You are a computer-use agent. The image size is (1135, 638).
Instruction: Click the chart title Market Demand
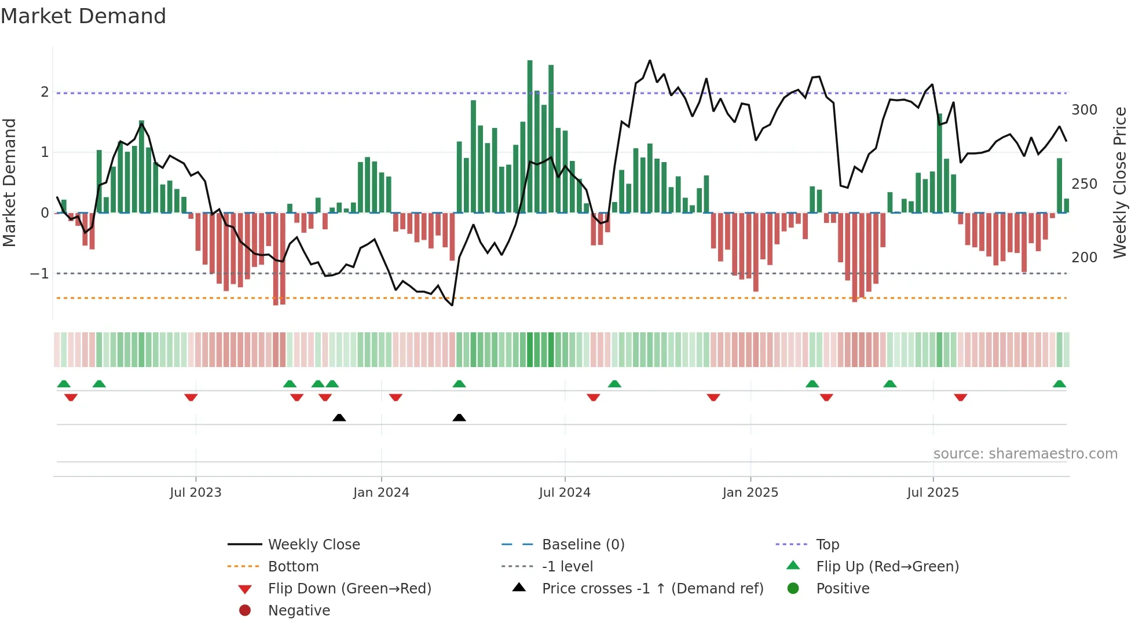tap(83, 16)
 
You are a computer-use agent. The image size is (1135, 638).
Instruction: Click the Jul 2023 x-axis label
tap(195, 493)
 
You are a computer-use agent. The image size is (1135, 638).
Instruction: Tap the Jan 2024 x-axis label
tap(381, 493)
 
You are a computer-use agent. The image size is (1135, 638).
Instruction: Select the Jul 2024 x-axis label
tap(565, 493)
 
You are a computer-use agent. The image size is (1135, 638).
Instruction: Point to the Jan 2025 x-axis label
tap(750, 493)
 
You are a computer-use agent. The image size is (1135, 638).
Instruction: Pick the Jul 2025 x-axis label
tap(933, 493)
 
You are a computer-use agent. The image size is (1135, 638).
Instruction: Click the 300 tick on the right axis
tap(1084, 110)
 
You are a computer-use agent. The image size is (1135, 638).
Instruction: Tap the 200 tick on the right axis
tap(1084, 257)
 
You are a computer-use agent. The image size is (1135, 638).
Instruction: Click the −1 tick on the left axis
tap(39, 273)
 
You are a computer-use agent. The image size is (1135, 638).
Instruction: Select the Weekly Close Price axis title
tap(1120, 182)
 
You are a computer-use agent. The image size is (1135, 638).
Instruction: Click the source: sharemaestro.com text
tap(1025, 454)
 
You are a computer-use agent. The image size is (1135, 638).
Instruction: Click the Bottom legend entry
tap(293, 567)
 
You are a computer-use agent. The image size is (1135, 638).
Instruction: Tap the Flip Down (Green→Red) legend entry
tap(349, 589)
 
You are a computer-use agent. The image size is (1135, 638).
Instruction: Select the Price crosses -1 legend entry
tap(653, 589)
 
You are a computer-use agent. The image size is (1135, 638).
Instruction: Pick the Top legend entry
tap(828, 545)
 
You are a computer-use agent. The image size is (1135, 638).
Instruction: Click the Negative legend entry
tap(299, 611)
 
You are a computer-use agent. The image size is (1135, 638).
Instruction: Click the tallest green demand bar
tap(530, 137)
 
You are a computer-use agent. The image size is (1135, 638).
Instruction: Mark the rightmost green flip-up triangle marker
tap(1059, 384)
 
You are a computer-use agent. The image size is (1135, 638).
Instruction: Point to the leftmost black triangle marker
tap(339, 417)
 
